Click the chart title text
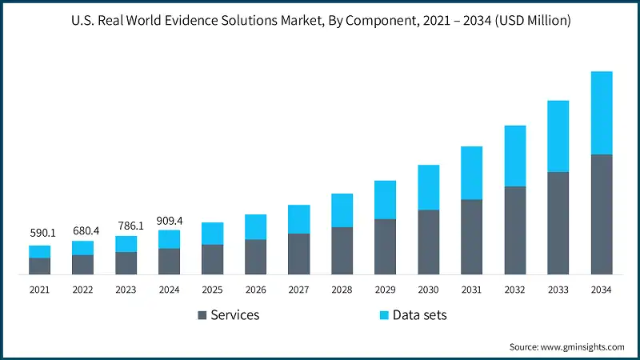(320, 22)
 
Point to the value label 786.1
(126, 226)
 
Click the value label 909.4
(169, 220)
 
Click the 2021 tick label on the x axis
(40, 290)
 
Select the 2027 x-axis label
(298, 290)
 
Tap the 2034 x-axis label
(601, 290)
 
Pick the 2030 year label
(428, 290)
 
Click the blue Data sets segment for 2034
(601, 113)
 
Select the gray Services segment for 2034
(601, 214)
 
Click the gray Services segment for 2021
(40, 266)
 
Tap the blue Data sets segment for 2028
(342, 210)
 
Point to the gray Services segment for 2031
(471, 237)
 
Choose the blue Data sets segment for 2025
(212, 234)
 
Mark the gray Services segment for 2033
(558, 223)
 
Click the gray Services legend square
(201, 315)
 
